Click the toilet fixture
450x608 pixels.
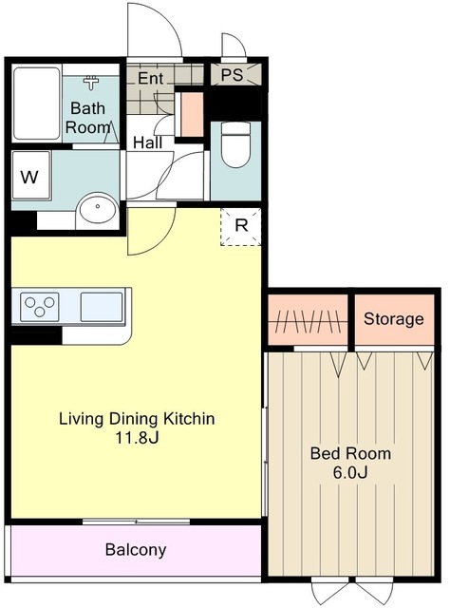point(234,144)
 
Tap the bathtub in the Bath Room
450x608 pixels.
point(36,104)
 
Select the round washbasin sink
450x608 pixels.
point(97,209)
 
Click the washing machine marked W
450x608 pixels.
point(31,176)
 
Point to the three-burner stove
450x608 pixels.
point(40,307)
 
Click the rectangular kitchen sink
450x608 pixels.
point(102,307)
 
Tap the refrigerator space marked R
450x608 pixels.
point(241,227)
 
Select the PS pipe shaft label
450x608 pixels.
point(232,74)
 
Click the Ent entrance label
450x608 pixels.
point(150,78)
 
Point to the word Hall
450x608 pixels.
point(148,142)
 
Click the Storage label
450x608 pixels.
point(393,319)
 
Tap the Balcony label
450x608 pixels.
point(136,550)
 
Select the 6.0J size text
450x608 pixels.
point(350,473)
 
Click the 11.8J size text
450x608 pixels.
point(137,438)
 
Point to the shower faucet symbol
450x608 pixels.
point(91,82)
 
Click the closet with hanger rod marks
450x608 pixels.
point(308,320)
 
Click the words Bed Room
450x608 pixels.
point(350,453)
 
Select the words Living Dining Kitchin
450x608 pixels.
point(137,419)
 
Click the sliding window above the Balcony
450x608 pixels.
point(136,522)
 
